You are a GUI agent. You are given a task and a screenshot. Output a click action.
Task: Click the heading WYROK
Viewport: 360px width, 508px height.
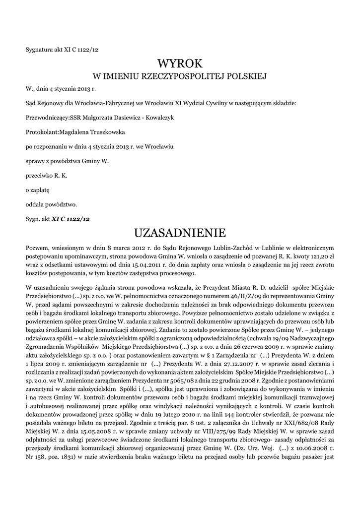coord(180,63)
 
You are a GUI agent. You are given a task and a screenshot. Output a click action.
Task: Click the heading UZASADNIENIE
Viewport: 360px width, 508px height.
coord(180,232)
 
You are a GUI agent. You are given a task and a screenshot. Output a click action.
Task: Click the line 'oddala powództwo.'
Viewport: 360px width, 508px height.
coord(51,204)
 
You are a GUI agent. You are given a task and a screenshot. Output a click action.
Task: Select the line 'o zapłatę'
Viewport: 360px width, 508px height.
coord(37,190)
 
